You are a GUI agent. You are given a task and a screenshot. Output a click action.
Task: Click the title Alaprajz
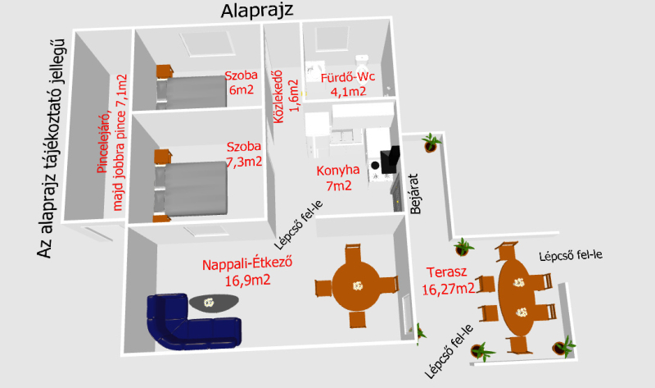[257, 11]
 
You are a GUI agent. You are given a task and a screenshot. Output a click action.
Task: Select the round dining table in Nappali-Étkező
[356, 286]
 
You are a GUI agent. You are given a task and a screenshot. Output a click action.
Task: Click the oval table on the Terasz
[517, 297]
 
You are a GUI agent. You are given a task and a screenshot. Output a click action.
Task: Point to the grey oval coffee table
[214, 303]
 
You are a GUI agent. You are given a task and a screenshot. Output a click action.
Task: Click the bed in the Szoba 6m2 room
[192, 92]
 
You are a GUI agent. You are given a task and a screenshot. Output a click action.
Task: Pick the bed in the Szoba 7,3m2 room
[192, 189]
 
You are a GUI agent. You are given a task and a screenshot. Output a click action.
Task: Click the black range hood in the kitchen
[390, 160]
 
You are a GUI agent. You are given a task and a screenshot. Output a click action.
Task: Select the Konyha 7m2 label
[338, 178]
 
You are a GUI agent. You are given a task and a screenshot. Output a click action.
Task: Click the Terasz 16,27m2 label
[448, 281]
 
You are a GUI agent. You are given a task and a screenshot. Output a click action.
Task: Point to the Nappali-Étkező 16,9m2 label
[247, 272]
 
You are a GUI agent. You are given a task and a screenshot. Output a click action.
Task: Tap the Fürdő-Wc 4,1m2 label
[348, 84]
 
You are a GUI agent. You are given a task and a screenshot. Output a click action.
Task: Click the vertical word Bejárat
[414, 194]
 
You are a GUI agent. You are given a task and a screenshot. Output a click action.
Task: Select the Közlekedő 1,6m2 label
[286, 96]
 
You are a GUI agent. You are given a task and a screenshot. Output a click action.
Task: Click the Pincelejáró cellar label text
[111, 142]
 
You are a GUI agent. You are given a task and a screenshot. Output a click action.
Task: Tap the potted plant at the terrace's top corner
[431, 142]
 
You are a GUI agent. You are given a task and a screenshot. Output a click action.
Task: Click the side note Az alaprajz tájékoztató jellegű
[51, 148]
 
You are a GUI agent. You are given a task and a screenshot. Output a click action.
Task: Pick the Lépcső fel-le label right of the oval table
[571, 255]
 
